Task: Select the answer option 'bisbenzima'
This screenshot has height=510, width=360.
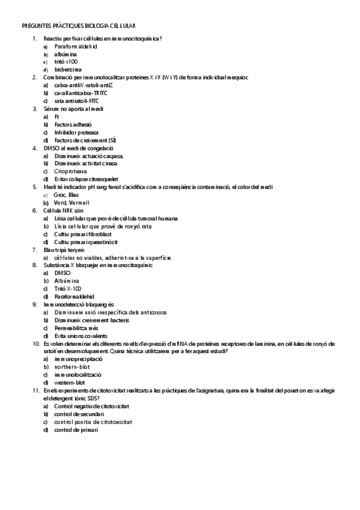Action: point(68,69)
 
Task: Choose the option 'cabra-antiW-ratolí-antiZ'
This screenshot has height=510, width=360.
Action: point(83,85)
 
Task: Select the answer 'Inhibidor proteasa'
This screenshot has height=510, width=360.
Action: point(76,132)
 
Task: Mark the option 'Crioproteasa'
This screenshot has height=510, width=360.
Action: point(70,171)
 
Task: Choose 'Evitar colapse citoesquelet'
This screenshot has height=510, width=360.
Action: point(85,179)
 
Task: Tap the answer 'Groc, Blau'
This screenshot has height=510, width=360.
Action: point(66,194)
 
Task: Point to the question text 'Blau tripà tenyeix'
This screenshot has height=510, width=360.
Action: point(65,249)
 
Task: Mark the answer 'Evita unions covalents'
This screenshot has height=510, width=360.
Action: point(81,336)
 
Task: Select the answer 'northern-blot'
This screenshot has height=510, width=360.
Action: point(72,366)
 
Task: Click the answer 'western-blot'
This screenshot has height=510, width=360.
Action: point(69,382)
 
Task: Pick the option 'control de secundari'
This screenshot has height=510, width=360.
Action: point(79,414)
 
